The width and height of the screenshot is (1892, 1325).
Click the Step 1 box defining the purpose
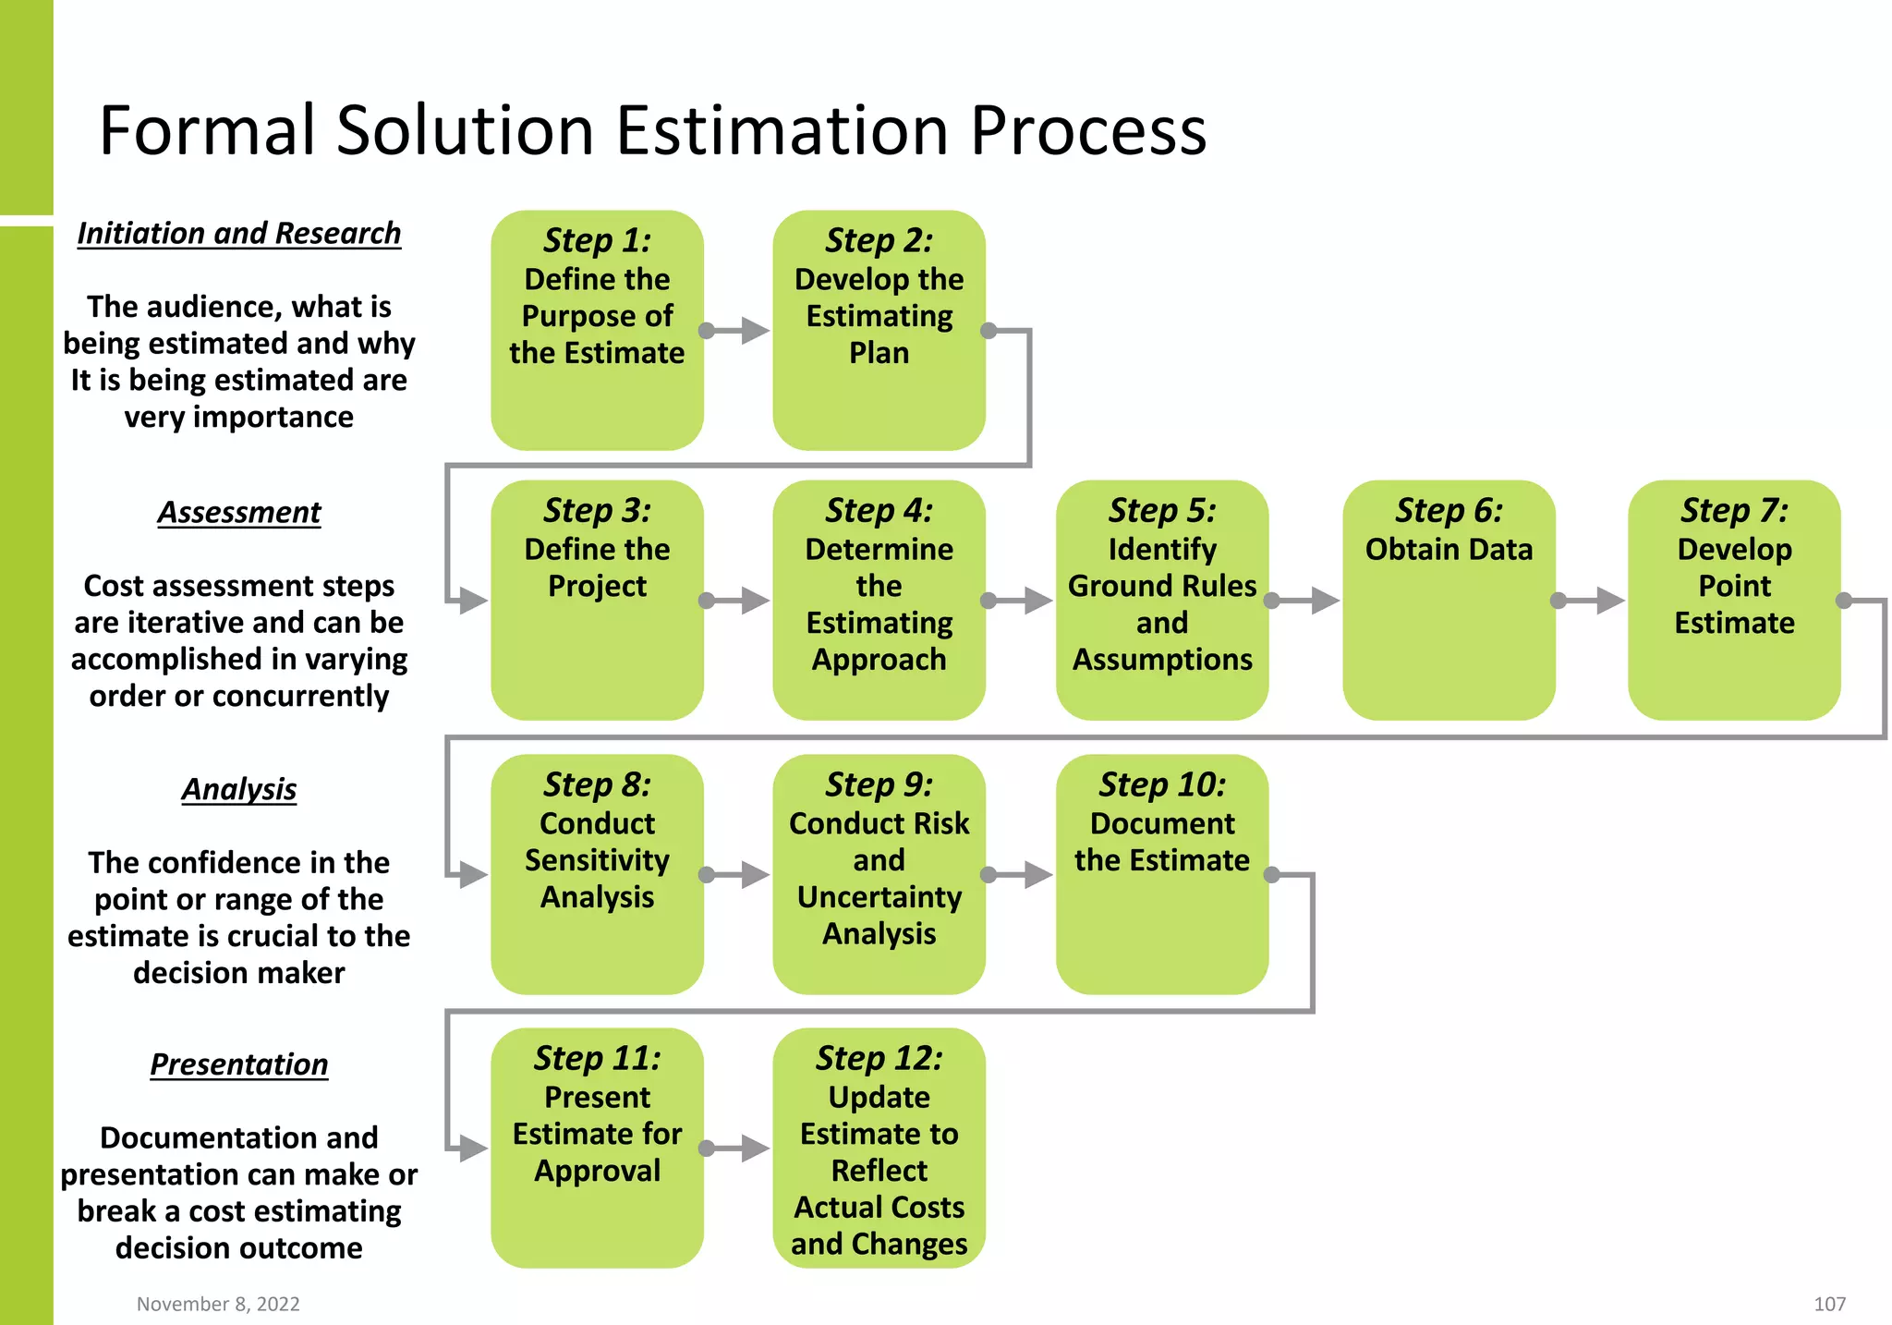tap(597, 330)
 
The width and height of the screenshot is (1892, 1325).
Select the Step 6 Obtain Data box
tap(1448, 600)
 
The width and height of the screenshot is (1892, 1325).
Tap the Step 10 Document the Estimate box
tap(1161, 874)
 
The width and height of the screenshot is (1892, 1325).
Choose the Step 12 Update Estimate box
tap(879, 1148)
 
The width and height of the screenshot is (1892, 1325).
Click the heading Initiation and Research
tap(238, 233)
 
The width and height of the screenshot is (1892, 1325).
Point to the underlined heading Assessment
tap(238, 512)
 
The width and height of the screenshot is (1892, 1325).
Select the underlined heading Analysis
tap(238, 789)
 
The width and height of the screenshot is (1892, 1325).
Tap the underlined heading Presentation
tap(238, 1064)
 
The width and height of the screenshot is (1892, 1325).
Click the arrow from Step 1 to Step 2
tap(739, 330)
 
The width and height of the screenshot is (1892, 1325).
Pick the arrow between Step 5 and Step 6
tap(1306, 601)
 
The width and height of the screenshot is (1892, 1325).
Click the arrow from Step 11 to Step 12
tap(739, 1149)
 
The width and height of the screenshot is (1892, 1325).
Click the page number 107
tap(1829, 1304)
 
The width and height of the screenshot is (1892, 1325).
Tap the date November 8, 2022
tap(218, 1304)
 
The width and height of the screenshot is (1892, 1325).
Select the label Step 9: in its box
tap(879, 784)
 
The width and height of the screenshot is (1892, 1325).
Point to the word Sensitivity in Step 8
tap(597, 860)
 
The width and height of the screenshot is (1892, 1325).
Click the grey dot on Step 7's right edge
tap(1843, 601)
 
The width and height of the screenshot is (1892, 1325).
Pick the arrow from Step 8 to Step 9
tap(739, 875)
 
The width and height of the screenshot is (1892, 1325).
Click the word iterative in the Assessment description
tap(187, 623)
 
